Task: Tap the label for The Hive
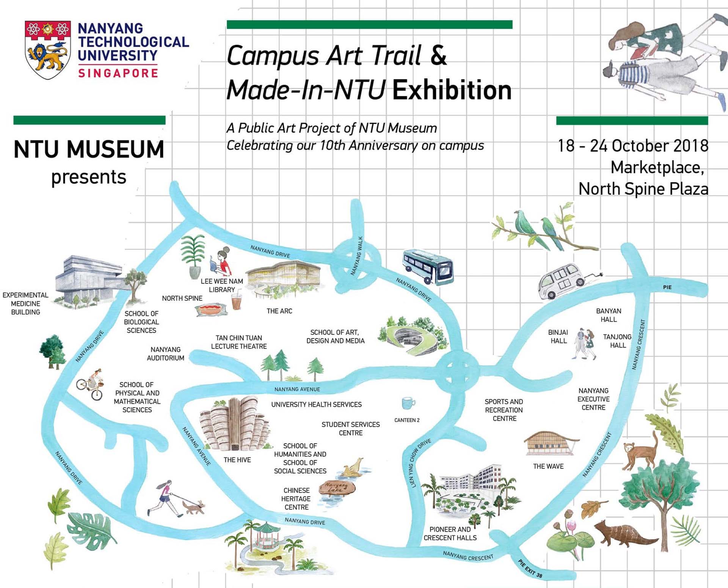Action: (x=237, y=460)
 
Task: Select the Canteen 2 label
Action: (x=407, y=420)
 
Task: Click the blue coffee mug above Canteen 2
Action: (x=408, y=403)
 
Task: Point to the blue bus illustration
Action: (x=428, y=267)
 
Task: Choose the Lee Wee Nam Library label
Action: (x=222, y=285)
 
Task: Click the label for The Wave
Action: (x=548, y=466)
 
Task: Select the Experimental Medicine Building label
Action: (x=25, y=303)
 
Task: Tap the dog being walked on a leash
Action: (x=194, y=507)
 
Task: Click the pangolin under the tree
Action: (x=622, y=533)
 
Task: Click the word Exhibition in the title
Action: (x=452, y=90)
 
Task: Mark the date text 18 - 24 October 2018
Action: (x=633, y=146)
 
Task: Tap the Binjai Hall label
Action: (x=558, y=336)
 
